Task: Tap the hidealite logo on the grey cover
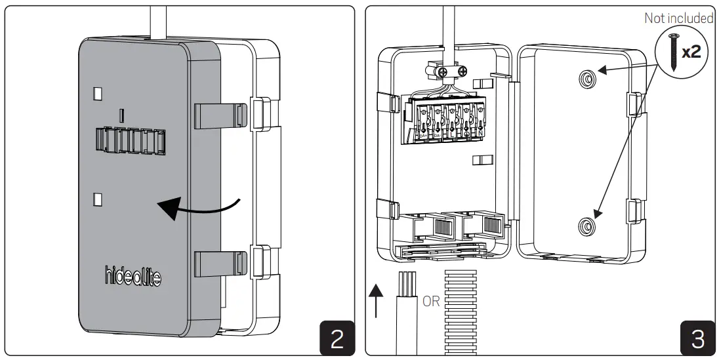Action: click(132, 277)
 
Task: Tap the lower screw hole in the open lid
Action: click(586, 227)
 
